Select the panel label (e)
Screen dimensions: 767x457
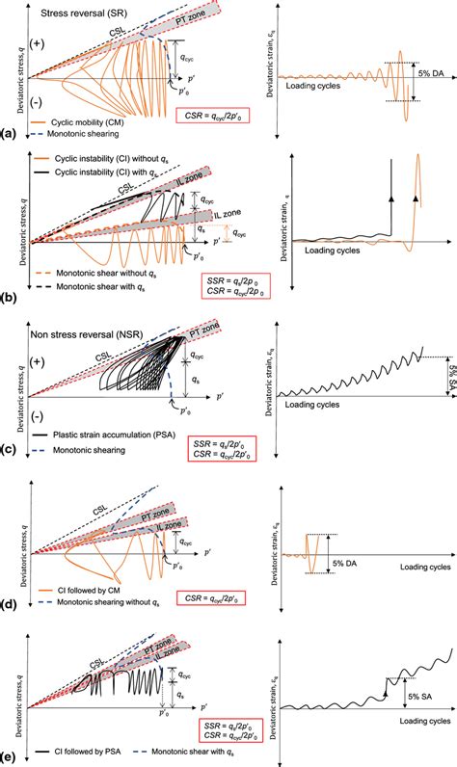point(9,755)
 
